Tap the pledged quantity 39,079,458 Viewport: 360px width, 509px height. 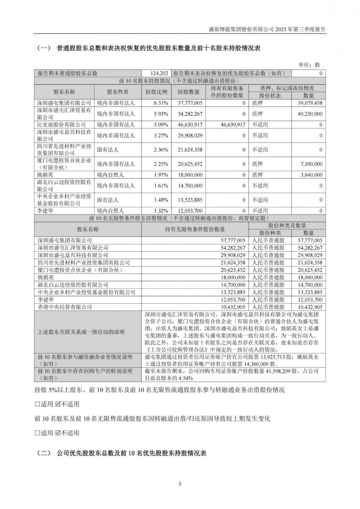click(x=308, y=103)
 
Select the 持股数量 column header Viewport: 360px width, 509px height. click(x=188, y=92)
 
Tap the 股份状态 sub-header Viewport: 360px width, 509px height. click(x=270, y=96)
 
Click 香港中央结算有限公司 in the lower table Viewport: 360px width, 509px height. click(x=65, y=307)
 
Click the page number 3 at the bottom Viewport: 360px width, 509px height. click(x=179, y=483)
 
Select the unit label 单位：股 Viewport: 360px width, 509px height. click(x=309, y=65)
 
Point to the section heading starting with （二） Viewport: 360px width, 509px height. click(x=122, y=453)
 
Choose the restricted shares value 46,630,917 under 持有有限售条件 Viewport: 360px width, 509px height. click(x=228, y=125)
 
